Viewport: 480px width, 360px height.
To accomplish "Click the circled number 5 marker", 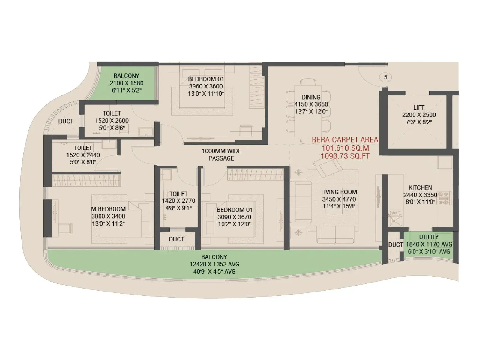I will tap(385, 77).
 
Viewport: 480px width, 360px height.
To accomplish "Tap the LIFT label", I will tap(418, 107).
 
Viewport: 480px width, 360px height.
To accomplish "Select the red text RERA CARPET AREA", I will tap(345, 140).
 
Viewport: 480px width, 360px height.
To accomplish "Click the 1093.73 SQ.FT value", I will tap(345, 156).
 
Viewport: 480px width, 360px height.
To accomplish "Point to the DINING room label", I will tap(311, 97).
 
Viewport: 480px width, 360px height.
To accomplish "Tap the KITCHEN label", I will tap(420, 188).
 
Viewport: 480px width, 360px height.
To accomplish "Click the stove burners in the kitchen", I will tap(445, 199).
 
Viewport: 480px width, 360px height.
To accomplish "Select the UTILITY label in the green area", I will tap(429, 237).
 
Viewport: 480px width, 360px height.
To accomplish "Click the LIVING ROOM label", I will tap(339, 192).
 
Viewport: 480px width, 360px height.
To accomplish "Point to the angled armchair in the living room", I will tap(327, 167).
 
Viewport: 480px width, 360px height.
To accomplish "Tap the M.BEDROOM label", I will tap(108, 209).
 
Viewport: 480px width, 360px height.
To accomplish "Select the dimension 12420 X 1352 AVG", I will tap(214, 264).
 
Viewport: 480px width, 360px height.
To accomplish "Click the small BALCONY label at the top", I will tap(126, 76).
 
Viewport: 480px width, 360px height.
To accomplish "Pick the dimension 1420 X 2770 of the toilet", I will tap(178, 201).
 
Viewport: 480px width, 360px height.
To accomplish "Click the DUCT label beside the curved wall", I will tap(66, 121).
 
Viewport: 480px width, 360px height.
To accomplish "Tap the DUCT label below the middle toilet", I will tap(176, 239).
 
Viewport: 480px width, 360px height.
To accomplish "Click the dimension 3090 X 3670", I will tap(234, 217).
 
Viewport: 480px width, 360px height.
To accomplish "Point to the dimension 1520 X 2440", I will tap(83, 155).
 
